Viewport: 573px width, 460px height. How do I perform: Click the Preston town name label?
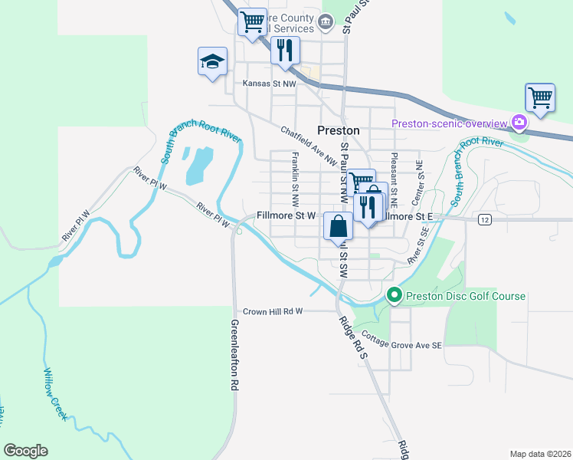[x=339, y=130]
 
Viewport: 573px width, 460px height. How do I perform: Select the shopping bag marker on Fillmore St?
[x=339, y=227]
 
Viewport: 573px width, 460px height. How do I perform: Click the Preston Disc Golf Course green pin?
[x=395, y=295]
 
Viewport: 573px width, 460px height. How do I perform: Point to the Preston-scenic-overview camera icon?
[x=519, y=123]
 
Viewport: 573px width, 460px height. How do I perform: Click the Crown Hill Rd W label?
[x=273, y=311]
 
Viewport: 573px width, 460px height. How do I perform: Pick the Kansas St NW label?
[x=269, y=83]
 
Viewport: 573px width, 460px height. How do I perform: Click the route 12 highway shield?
[x=484, y=220]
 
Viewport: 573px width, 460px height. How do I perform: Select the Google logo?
[x=25, y=451]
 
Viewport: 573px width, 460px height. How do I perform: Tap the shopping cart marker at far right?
[x=540, y=98]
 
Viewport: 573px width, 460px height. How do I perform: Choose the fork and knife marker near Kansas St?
[x=285, y=51]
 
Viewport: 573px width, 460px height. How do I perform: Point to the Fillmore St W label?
[x=286, y=216]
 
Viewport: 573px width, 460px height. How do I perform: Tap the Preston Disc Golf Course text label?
[x=466, y=296]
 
